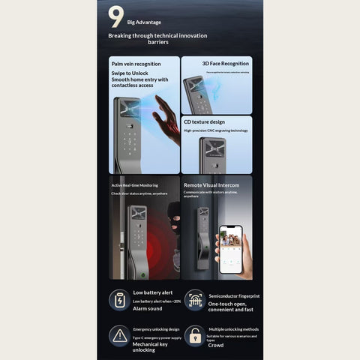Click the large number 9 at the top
click(116, 16)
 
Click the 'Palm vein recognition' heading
click(136, 64)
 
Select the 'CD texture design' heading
click(205, 121)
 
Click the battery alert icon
click(120, 300)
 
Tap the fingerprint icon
click(195, 300)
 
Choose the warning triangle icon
click(120, 335)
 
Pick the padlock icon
click(195, 335)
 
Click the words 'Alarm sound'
click(148, 308)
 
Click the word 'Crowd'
click(216, 345)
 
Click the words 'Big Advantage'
click(143, 22)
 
